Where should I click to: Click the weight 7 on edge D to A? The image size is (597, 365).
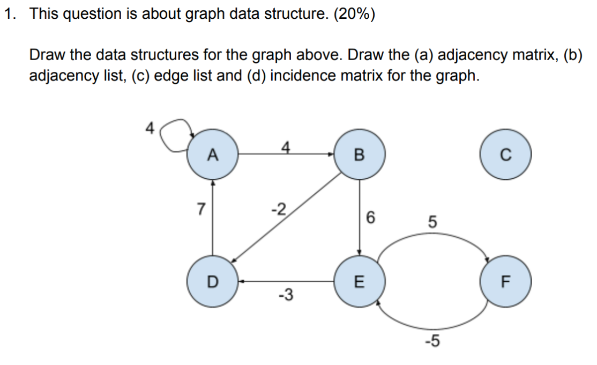point(200,209)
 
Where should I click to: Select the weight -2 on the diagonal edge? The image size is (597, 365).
point(279,208)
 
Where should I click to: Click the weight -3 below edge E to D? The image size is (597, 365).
point(285,295)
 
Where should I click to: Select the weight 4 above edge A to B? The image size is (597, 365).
point(286,147)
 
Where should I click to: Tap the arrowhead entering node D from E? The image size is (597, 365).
point(242,281)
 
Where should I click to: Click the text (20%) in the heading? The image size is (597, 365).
point(354,14)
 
